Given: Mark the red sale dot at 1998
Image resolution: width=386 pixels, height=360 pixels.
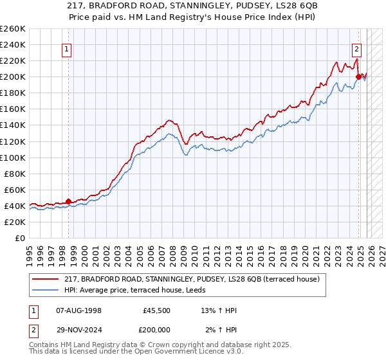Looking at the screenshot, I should (69, 201).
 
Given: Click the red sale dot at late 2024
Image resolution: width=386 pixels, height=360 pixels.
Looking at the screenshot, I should (359, 76).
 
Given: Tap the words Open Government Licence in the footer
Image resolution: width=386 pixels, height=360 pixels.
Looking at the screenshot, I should (181, 352).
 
